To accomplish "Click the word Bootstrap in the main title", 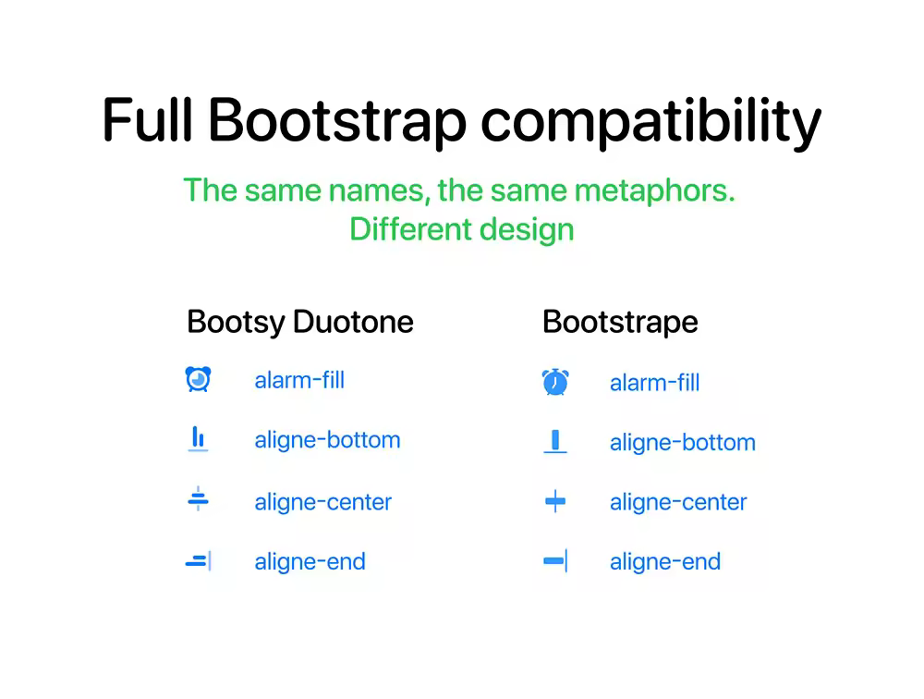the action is pos(337,121).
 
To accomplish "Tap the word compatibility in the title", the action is pos(651,122).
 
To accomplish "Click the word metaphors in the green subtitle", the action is pos(655,190).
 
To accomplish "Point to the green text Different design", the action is pos(462,229).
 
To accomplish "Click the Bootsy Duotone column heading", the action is pos(300,322).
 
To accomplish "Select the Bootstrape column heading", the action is pos(621,322).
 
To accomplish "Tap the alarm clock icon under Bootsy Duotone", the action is pos(198,379).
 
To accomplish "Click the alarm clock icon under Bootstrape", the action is pos(555,382).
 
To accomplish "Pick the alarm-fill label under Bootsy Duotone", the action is pos(299,380).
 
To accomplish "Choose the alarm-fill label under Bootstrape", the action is pos(655,383).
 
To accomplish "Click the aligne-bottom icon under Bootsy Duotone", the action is pos(198,439).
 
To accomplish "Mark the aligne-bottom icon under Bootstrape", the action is pos(555,441).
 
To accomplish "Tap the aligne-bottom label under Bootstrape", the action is pos(683,442).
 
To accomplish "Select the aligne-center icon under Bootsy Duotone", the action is pos(198,499).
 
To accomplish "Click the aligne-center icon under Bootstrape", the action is pos(555,501).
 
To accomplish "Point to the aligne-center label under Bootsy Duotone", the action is pos(322,503).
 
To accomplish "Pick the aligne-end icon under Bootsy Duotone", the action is pos(199,561).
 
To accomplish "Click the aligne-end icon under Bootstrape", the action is pos(555,561).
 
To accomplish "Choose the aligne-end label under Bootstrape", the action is pos(665,562).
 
